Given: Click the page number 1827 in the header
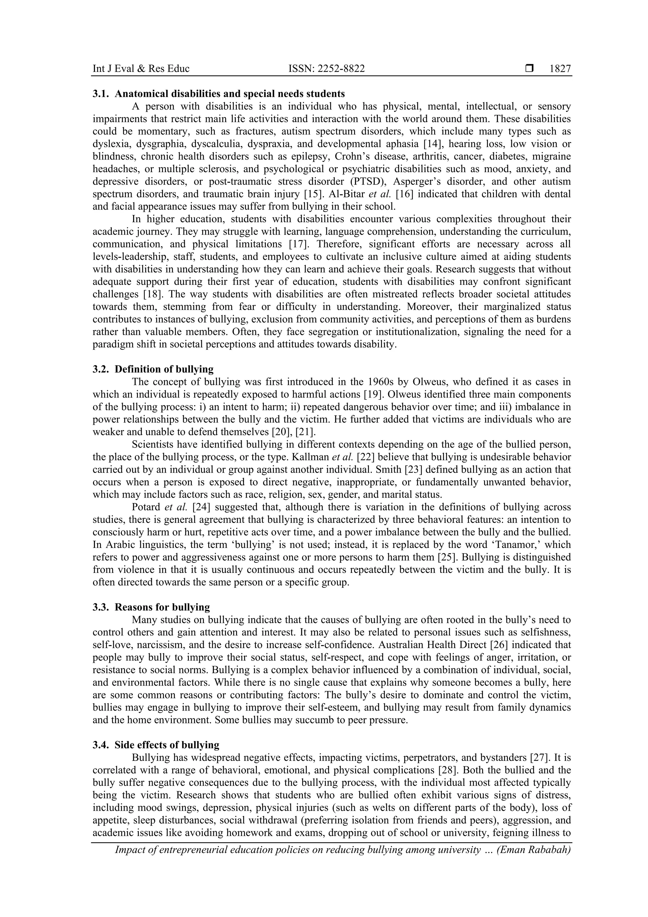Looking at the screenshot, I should coord(560,69).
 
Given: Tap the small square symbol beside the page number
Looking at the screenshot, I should coord(529,69).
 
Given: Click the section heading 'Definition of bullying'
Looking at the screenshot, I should coord(164,369).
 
